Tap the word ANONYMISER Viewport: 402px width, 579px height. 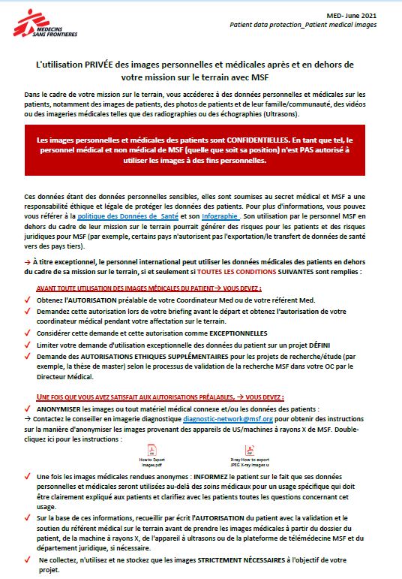58,409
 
